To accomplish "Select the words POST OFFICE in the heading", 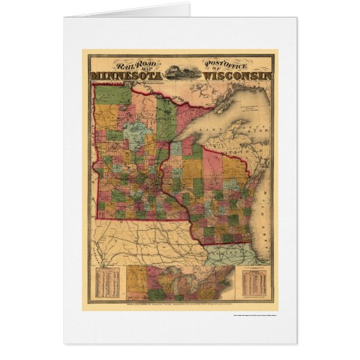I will [x=224, y=65].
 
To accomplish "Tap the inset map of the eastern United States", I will [x=180, y=282].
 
